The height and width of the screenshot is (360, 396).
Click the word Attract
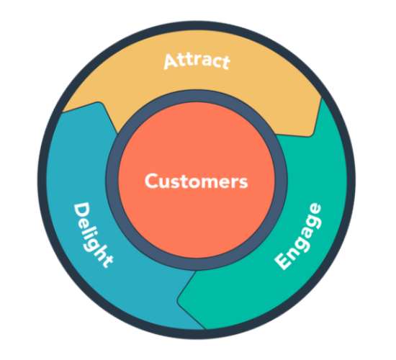click(x=197, y=60)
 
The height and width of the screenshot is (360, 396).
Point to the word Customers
click(x=196, y=181)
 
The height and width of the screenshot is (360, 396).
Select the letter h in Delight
click(x=101, y=250)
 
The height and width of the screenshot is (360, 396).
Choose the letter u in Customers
click(x=163, y=182)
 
